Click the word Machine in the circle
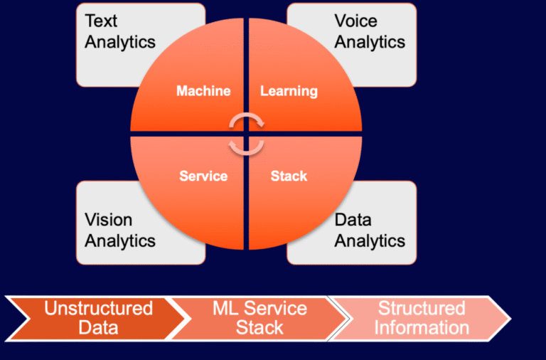tap(203, 91)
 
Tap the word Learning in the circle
tap(289, 91)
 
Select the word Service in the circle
tap(203, 176)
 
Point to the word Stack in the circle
tap(289, 176)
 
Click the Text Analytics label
tap(119, 32)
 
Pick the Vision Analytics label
tap(120, 230)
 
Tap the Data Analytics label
tap(370, 230)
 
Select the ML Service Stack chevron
tap(259, 318)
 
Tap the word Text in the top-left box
tap(102, 21)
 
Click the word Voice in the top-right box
tap(356, 21)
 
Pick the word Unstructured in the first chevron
tap(99, 309)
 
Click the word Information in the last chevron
tap(422, 328)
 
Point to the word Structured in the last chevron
tap(422, 309)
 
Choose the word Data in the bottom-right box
tap(353, 220)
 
